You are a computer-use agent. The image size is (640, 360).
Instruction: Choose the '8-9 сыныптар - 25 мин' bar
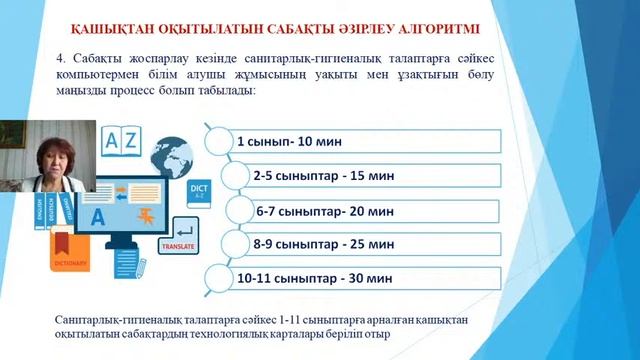click(x=365, y=243)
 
